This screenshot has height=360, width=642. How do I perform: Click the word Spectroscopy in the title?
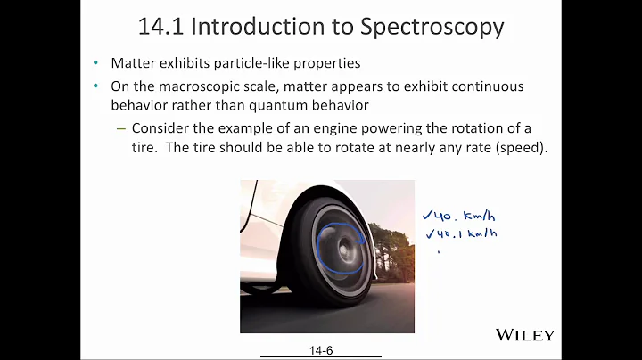pos(432,27)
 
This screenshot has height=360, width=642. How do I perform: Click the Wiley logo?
pos(524,335)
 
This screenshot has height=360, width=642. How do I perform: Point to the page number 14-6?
pos(318,352)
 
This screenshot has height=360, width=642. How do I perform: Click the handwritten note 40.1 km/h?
pos(466,234)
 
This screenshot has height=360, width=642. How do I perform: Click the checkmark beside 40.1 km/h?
pos(430,234)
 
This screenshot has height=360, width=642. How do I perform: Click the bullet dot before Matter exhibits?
pos(96,64)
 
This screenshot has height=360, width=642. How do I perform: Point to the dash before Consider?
pos(121,127)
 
